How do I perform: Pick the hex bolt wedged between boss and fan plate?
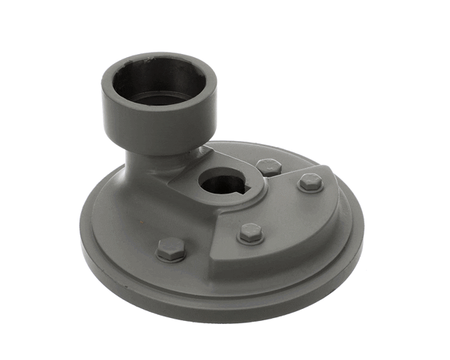(x=268, y=166)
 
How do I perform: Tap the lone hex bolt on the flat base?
(x=171, y=249)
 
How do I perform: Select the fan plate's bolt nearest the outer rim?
(x=310, y=182)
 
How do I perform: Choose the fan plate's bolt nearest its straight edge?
(x=250, y=233)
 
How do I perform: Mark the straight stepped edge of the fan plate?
(x=232, y=221)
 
